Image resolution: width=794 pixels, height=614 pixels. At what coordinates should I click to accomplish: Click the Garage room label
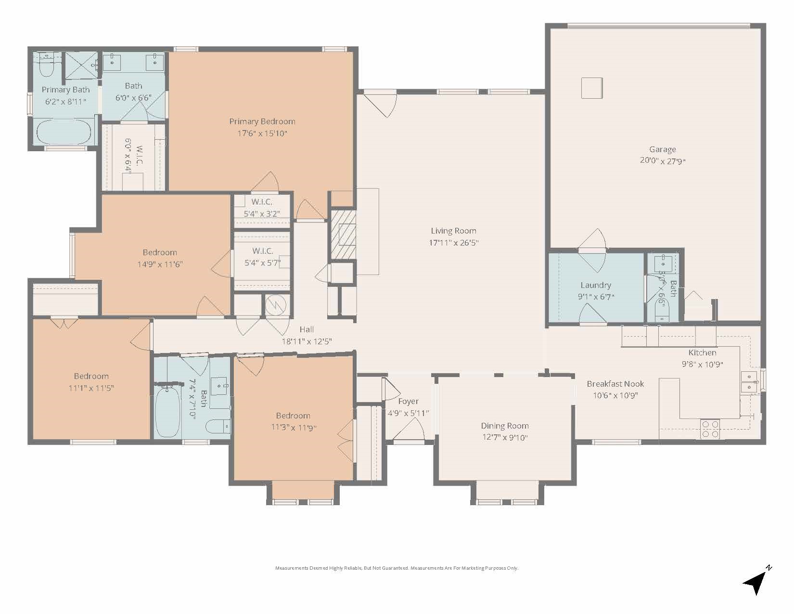(x=662, y=150)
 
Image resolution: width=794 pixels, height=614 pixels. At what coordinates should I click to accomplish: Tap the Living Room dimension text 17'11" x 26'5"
(x=453, y=243)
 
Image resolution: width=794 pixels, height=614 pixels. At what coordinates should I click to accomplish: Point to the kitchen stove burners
(x=710, y=429)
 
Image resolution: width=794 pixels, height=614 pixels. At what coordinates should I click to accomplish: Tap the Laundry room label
(x=595, y=285)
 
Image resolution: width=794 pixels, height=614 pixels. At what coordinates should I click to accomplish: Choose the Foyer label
(x=408, y=401)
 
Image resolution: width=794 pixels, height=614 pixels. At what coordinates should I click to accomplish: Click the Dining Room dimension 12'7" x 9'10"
(x=505, y=438)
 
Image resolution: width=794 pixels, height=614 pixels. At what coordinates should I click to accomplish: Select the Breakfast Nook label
(x=615, y=384)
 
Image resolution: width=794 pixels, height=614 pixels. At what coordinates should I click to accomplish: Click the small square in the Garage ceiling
(x=592, y=88)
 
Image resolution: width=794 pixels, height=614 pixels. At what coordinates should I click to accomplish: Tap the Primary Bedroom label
(x=262, y=121)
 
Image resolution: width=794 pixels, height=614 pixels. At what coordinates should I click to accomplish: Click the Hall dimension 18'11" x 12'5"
(x=307, y=341)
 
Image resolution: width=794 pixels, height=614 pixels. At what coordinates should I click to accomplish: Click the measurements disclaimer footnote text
(x=397, y=568)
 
